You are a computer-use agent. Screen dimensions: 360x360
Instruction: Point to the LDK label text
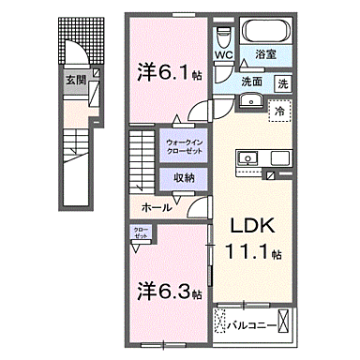(247, 228)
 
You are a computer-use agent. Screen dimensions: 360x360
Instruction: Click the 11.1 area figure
(246, 252)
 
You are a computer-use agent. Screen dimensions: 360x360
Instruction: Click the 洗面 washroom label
(251, 82)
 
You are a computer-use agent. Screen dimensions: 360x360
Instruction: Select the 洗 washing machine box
(283, 82)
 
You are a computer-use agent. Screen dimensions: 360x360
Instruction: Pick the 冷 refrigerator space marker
(280, 112)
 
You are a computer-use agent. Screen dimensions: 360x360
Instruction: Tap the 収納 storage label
(184, 177)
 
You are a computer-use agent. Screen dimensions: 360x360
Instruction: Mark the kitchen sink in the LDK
(248, 156)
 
